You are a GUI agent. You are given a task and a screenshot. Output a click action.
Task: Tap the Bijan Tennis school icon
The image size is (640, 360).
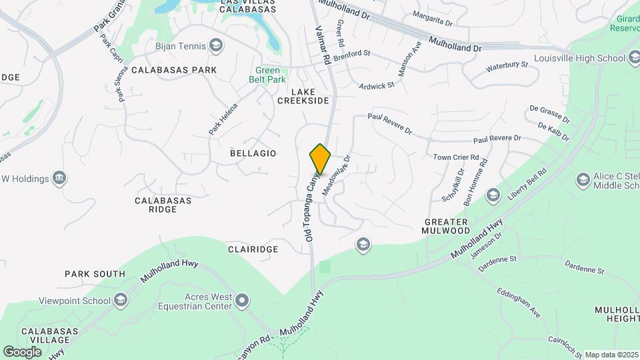[215, 45]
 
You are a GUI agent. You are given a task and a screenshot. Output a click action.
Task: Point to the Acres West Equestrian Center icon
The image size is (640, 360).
[242, 301]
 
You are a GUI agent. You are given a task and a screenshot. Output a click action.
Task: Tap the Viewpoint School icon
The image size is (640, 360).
[121, 301]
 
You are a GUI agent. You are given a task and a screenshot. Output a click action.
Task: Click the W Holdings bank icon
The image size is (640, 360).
[59, 178]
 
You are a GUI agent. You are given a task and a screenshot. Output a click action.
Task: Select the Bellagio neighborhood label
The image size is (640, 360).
[253, 153]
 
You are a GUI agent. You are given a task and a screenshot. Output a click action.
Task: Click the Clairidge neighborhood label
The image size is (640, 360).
[253, 249]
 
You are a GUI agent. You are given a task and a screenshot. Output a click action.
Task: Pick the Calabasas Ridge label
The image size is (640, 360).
[163, 205]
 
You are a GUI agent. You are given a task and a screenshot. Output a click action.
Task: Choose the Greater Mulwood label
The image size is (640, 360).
[445, 226]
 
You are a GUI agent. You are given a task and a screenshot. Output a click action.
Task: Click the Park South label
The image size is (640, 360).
[95, 274]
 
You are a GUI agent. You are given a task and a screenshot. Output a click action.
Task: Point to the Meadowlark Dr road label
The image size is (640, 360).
[337, 175]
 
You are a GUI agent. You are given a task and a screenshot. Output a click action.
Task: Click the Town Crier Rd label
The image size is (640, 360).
[457, 157]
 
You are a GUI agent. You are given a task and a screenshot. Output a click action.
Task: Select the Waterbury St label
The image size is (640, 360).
[507, 66]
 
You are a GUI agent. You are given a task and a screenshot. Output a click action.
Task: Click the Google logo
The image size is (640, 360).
[22, 351]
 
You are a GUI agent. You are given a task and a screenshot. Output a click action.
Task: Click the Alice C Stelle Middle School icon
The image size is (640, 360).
[583, 180]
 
